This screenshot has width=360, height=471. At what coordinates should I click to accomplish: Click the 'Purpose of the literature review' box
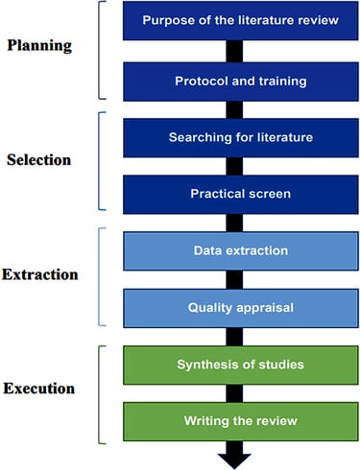pos(240,20)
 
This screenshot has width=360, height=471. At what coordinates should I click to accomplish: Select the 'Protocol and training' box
pos(241,82)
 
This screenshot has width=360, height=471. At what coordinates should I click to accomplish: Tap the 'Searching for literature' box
pos(241,138)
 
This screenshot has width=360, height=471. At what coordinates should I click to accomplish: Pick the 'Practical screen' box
pos(241,194)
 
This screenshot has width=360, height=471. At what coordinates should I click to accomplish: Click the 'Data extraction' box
pos(241,251)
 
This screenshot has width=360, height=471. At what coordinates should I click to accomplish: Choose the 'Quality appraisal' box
pos(241,308)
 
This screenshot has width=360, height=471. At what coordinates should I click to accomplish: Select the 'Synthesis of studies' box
pos(241,365)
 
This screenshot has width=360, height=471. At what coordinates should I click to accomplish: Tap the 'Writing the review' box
pos(241,421)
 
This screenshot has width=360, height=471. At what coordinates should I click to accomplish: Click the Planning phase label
pos(39,46)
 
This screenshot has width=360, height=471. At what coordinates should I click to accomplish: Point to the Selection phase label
pos(39,160)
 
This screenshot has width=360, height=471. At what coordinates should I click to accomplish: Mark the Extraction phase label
pos(40,274)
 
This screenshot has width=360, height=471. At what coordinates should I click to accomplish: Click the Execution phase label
pos(39,389)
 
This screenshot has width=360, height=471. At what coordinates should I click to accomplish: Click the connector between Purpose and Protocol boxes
pos(234,51)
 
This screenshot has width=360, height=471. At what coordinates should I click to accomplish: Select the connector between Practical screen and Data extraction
pos(234,223)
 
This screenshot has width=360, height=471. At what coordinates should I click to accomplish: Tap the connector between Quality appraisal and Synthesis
pos(234,337)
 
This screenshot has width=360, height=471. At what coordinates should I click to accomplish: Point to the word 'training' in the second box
pos(282,82)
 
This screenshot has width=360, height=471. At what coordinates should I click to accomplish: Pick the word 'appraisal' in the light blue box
pos(265,308)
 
